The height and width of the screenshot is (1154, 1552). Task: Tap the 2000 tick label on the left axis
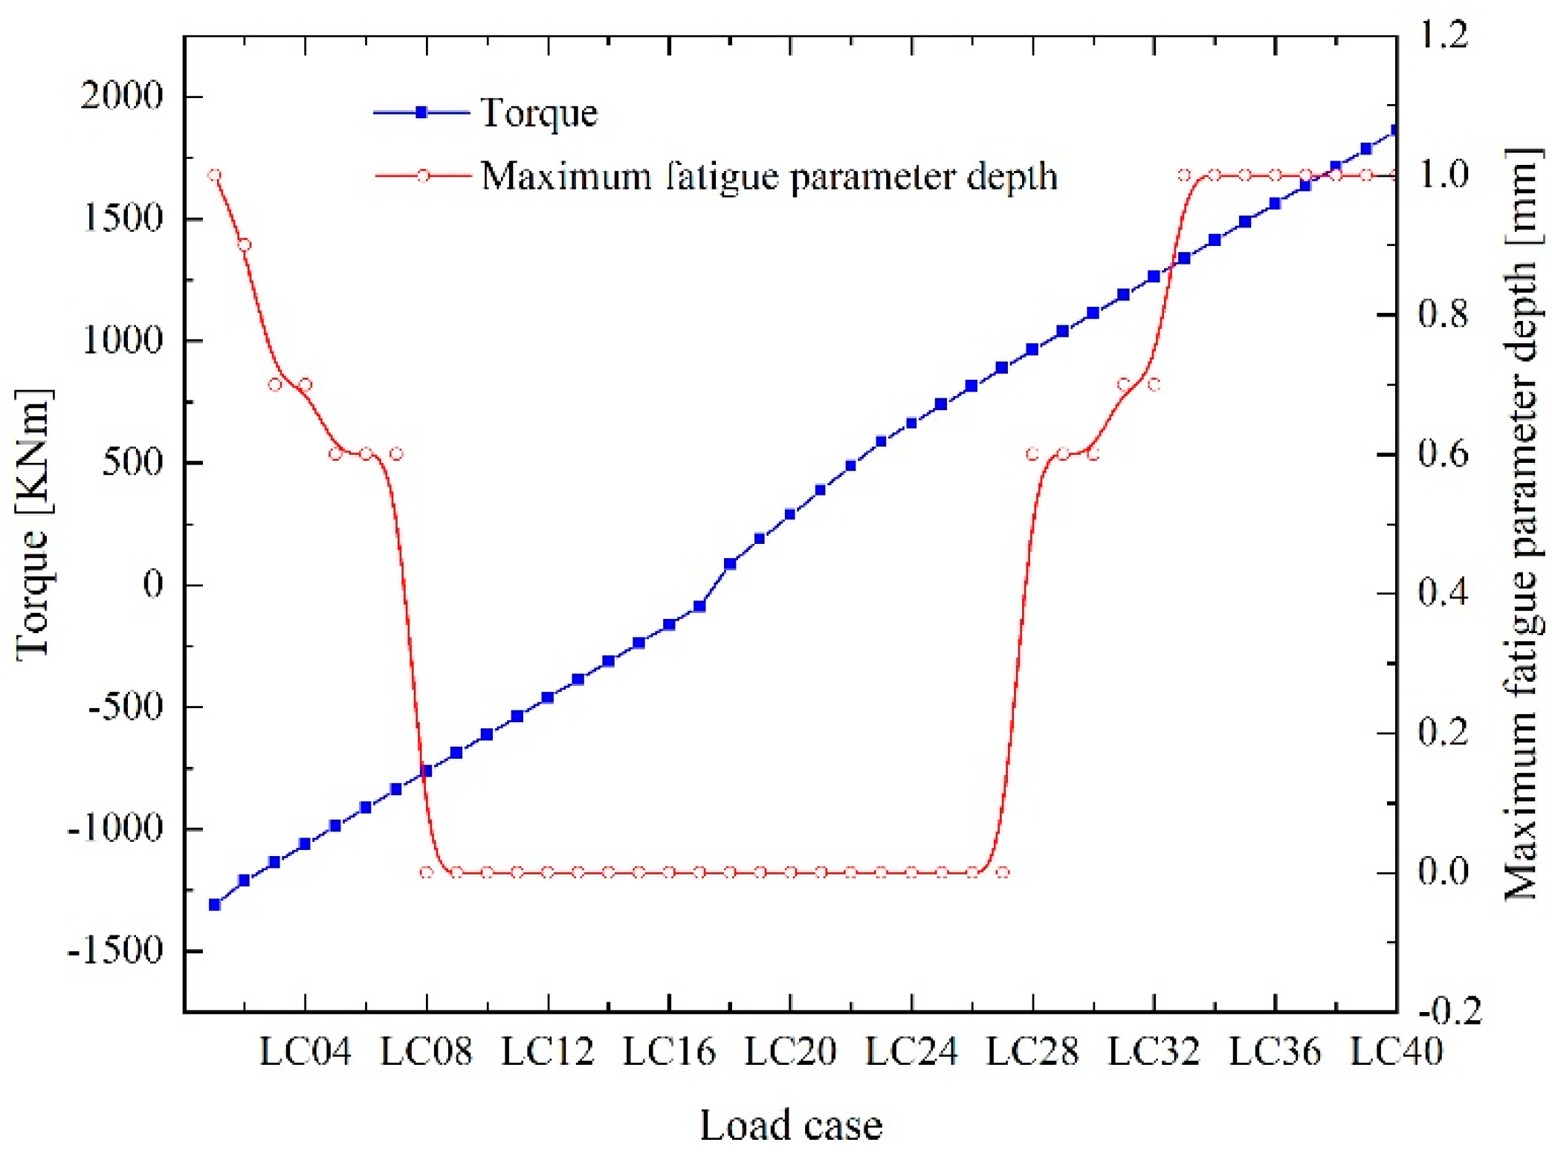coord(121,96)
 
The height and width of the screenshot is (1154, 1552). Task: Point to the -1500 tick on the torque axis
coord(115,950)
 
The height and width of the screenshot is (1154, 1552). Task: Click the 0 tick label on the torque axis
coord(152,585)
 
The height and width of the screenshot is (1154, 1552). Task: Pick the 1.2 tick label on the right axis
coord(1443,34)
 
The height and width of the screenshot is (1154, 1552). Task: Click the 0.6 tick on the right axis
coord(1443,454)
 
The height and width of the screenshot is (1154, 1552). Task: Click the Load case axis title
coord(790,1125)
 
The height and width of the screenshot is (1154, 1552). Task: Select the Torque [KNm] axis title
coord(34,524)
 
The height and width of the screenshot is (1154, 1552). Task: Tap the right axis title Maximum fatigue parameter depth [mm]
coord(1521,524)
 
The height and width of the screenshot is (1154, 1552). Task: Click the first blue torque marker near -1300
coord(214,904)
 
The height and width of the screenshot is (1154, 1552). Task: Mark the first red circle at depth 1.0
coord(214,175)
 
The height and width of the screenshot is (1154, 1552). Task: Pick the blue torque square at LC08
coord(426,771)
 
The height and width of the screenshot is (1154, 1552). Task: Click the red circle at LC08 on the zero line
coord(426,872)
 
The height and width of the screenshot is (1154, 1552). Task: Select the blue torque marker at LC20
coord(790,514)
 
